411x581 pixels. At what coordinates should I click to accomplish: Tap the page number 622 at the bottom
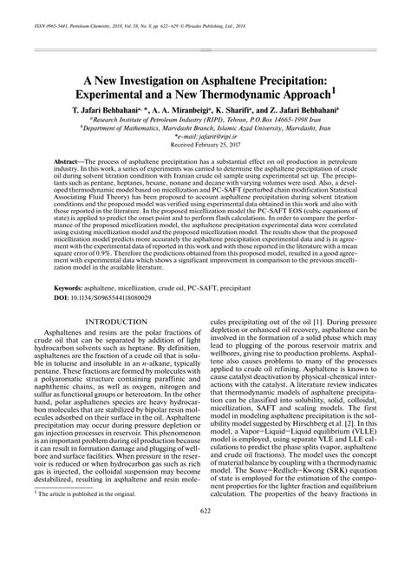coord(205,561)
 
